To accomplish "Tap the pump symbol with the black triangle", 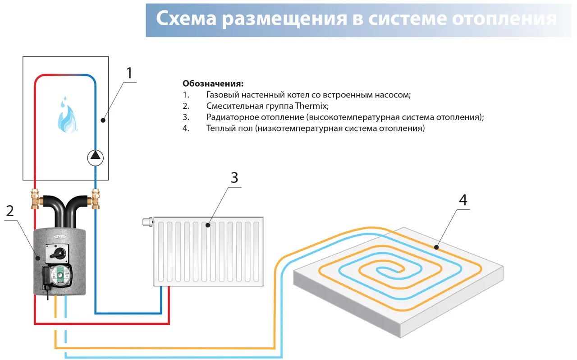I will [x=95, y=157].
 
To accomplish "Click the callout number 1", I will [x=130, y=73].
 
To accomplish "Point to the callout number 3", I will [x=234, y=178].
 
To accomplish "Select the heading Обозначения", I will [x=213, y=84].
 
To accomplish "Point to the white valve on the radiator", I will [x=147, y=222].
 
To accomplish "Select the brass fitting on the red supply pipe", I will [x=35, y=198].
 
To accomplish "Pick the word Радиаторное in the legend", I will [x=232, y=117].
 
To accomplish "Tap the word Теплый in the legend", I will [x=219, y=129].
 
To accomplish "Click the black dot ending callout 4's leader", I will [x=436, y=247].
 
